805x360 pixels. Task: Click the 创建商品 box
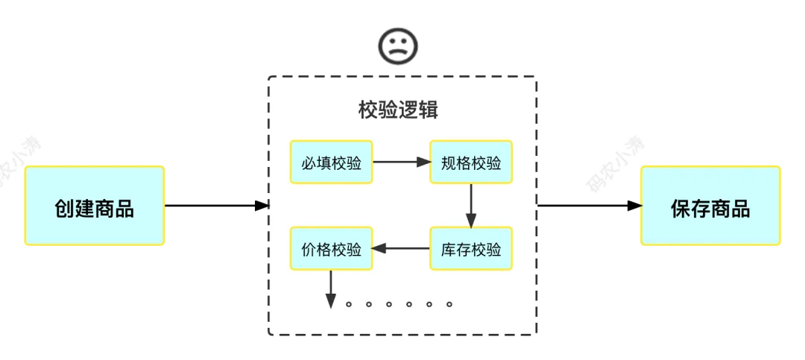coord(95,206)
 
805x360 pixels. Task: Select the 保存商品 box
coord(710,206)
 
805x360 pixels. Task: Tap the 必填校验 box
coord(331,162)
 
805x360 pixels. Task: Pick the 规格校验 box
coord(471,162)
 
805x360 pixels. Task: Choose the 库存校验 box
coord(471,248)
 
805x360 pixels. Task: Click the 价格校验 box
coord(331,248)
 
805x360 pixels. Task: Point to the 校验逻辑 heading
coord(398,110)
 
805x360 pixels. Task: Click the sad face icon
coord(398,45)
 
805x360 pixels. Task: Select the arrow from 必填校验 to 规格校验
coord(402,162)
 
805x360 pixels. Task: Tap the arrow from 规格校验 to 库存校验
coord(471,205)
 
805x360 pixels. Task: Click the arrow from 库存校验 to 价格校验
coord(402,248)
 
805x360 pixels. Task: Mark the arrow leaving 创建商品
coord(217,206)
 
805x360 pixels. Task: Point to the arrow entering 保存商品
coord(590,206)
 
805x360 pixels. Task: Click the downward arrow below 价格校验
coord(331,289)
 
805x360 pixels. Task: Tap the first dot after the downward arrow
coord(349,304)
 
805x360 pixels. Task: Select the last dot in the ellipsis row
coord(449,304)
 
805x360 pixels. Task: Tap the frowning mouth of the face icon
coord(398,52)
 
